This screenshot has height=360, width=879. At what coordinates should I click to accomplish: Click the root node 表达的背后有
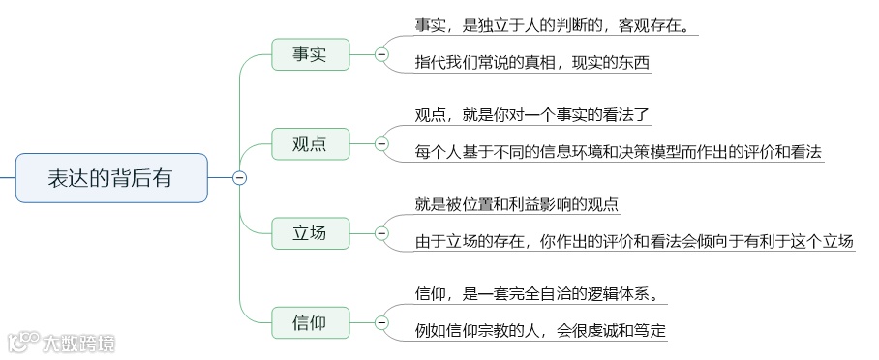pos(111,178)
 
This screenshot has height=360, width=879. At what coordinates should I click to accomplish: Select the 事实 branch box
pos(309,55)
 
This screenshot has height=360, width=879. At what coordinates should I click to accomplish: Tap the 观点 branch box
pos(309,144)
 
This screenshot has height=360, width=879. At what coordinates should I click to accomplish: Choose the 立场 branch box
pos(309,232)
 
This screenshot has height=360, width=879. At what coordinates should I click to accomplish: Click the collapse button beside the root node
pos(240,177)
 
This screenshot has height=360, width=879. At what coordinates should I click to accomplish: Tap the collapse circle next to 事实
pos(381,55)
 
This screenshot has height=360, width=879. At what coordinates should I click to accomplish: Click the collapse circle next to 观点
pos(381,144)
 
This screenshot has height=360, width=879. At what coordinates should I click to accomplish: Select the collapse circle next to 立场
pos(381,232)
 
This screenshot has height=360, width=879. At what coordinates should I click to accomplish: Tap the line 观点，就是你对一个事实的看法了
pos(532,115)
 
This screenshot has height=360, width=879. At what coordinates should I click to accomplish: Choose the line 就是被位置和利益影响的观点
pos(517,203)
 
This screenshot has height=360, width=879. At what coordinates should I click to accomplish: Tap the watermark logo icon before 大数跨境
pos(21,342)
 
